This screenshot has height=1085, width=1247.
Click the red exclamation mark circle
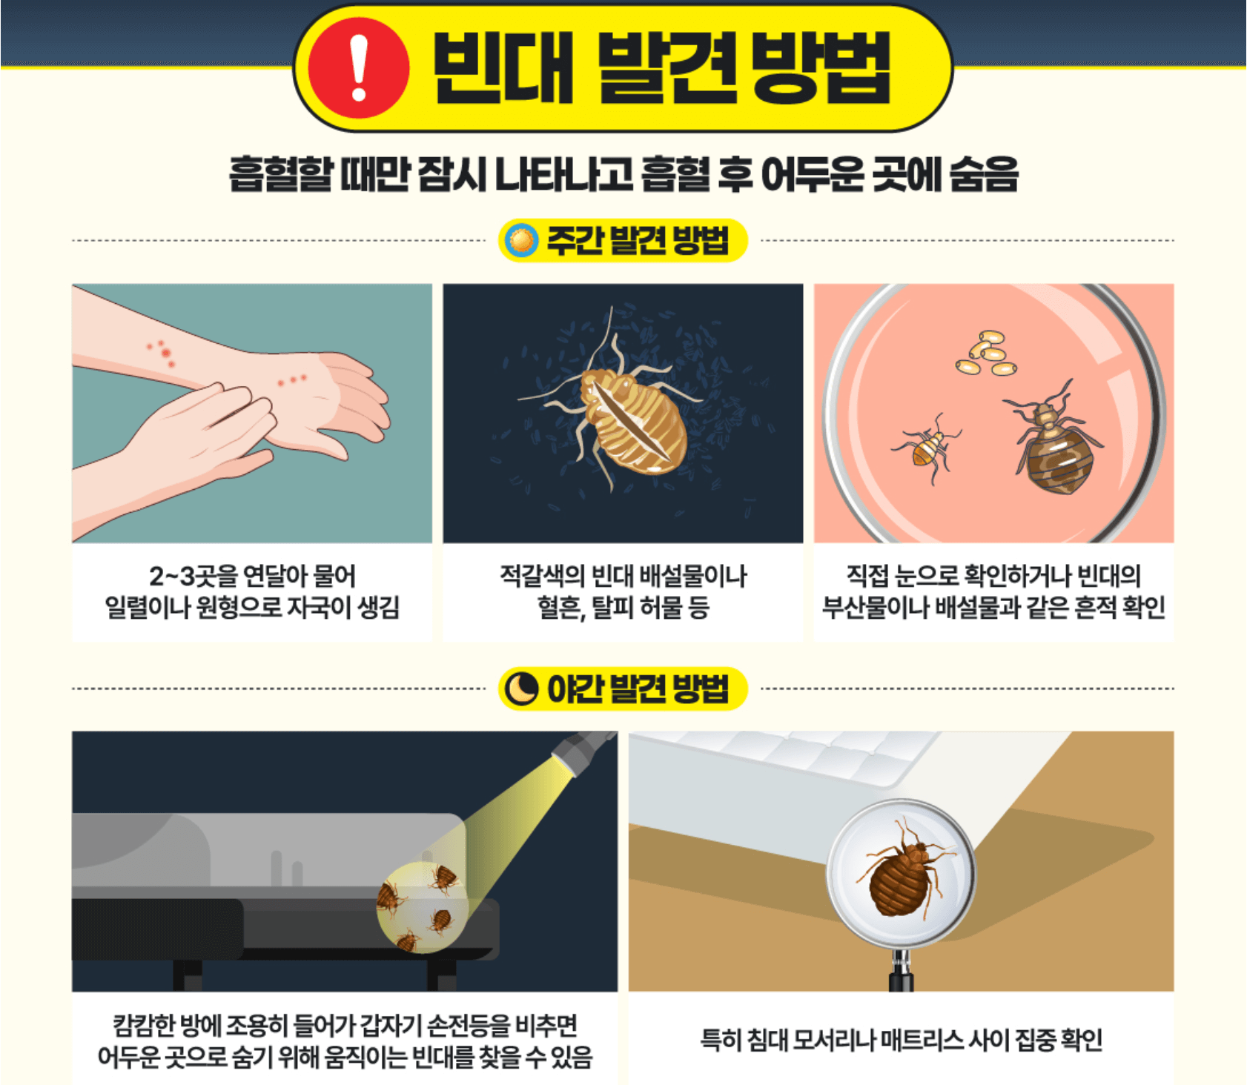pos(359,67)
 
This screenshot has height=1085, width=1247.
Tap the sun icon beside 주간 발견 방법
pos(521,240)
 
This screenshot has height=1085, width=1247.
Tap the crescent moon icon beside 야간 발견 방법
pos(521,689)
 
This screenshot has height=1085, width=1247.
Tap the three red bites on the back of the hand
pos(292,380)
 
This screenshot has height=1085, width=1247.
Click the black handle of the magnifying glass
pos(901,971)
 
